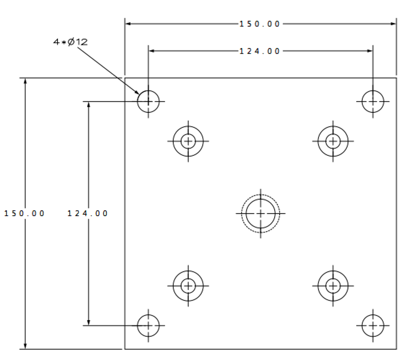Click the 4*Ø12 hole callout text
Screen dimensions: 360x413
[x=71, y=42]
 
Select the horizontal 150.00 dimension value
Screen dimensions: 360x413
[x=260, y=24]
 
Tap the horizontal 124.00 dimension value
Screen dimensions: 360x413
[x=260, y=51]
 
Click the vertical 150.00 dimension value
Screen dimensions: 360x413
[x=25, y=213]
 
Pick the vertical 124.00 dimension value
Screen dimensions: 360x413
[x=88, y=213]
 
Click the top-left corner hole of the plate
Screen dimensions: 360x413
[x=148, y=101]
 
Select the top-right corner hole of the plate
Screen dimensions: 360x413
[x=373, y=101]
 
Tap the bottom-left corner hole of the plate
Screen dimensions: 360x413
[x=148, y=325]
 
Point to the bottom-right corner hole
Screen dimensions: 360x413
[x=373, y=325]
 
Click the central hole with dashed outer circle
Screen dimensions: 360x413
[x=261, y=213]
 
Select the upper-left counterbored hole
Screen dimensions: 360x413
[x=188, y=141]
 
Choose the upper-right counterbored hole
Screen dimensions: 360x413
[x=333, y=141]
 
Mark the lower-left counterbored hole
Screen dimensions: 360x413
[x=188, y=285]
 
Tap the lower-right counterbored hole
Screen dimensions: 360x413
[x=333, y=285]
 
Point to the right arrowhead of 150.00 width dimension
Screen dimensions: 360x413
[x=393, y=24]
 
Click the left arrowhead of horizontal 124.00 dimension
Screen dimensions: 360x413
[x=152, y=51]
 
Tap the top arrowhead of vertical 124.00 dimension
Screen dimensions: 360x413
[x=88, y=105]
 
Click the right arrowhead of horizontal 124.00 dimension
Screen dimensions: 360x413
[x=370, y=51]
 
